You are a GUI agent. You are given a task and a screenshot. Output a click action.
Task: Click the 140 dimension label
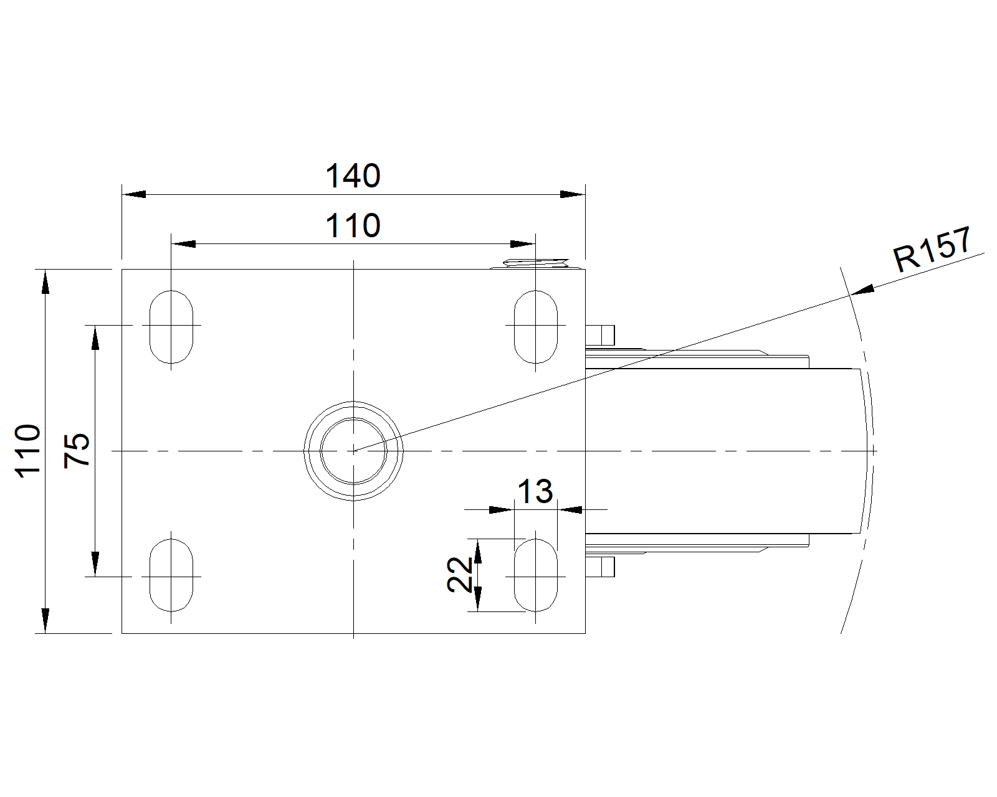tap(353, 176)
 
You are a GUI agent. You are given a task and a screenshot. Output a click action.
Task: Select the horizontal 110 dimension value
tap(353, 225)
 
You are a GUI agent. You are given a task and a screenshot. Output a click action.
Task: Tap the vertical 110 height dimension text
tap(28, 451)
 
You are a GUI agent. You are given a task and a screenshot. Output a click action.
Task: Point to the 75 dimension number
tap(77, 451)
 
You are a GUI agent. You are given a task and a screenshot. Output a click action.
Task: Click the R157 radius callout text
tap(932, 250)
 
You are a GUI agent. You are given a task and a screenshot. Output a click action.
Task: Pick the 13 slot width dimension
tap(535, 491)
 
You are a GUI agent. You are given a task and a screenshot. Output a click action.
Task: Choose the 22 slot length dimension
tap(459, 575)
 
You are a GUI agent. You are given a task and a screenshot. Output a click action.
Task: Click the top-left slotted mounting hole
tap(171, 327)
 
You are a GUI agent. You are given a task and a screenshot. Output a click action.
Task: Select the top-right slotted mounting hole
tap(536, 327)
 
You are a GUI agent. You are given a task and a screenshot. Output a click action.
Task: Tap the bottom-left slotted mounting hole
tap(171, 575)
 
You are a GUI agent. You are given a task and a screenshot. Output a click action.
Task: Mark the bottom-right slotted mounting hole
tap(536, 575)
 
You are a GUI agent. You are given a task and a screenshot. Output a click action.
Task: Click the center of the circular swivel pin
tap(353, 451)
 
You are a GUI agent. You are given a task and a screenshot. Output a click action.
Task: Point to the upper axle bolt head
tap(601, 335)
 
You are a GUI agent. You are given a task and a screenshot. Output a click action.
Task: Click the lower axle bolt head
tap(601, 567)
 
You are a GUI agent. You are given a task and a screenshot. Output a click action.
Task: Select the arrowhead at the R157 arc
tap(862, 290)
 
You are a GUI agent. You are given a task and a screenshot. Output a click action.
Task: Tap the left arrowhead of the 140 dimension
tap(134, 194)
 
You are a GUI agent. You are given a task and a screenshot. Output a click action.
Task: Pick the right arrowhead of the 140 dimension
tap(573, 194)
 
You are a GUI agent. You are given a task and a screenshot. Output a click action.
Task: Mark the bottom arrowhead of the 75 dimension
tap(95, 564)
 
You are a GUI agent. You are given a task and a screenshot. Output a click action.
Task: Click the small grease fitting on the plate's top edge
tap(536, 263)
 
